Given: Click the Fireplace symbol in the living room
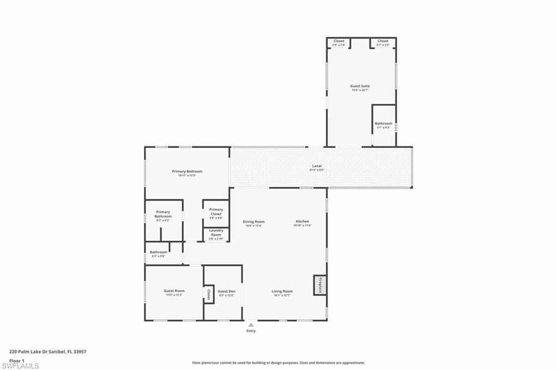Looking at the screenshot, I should [x=320, y=285].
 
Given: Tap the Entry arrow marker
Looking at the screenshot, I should [x=251, y=324].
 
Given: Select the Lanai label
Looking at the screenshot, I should [x=316, y=166].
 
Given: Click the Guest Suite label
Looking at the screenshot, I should [x=360, y=86].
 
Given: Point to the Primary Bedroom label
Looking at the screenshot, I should [x=187, y=172].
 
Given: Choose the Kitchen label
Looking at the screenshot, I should [x=302, y=222].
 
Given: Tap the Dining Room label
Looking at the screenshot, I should [x=253, y=222].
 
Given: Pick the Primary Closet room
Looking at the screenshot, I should [x=216, y=212].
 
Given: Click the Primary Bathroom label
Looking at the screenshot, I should [x=163, y=215].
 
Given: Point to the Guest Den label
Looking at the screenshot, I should [x=226, y=292].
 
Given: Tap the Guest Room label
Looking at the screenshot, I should [x=174, y=291].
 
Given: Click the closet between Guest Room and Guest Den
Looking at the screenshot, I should [x=208, y=294].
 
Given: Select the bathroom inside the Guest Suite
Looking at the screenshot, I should [x=383, y=124].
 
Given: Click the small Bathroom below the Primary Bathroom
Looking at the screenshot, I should [x=158, y=253].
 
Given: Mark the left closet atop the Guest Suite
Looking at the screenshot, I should [x=339, y=42].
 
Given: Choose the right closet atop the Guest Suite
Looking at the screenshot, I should [x=383, y=42].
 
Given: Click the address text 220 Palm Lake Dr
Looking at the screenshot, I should [x=48, y=352].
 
